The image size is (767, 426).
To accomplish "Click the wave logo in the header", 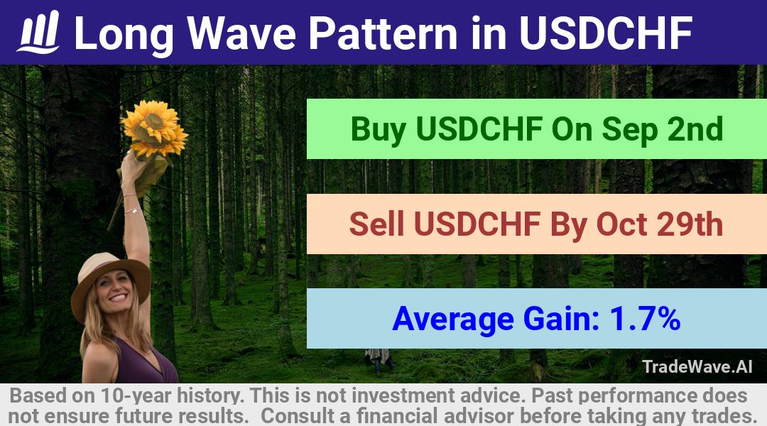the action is tap(38, 32).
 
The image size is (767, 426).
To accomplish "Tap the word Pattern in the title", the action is tap(383, 33).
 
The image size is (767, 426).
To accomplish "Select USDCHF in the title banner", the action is tap(606, 33).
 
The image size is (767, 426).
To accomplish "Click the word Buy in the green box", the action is tap(379, 130).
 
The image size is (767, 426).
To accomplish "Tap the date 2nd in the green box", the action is tap(695, 129).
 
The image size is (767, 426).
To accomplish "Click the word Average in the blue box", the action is tap(453, 319).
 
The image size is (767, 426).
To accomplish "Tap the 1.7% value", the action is tap(645, 318).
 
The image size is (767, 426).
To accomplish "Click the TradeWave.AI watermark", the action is tap(697, 366).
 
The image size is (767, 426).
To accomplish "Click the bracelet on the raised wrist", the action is tap(131, 211).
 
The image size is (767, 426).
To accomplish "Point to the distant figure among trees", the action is tap(377, 360).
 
